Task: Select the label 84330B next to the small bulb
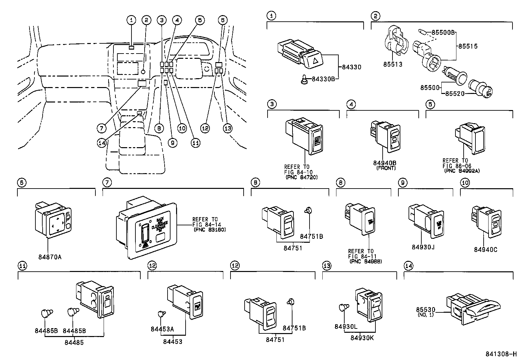pyautogui.click(x=323, y=79)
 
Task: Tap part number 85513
pyautogui.click(x=392, y=64)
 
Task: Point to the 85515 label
pyautogui.click(x=468, y=46)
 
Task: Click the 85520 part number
pyautogui.click(x=455, y=94)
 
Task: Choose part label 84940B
pyautogui.click(x=385, y=163)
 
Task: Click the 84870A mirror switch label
pyautogui.click(x=50, y=257)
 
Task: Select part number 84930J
pyautogui.click(x=423, y=246)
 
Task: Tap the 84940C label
pyautogui.click(x=485, y=250)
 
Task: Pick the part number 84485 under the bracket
pyautogui.click(x=74, y=342)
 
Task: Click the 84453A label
pyautogui.click(x=162, y=329)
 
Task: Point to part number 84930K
pyautogui.click(x=362, y=337)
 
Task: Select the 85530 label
pyautogui.click(x=426, y=310)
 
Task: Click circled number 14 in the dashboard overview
pyautogui.click(x=102, y=142)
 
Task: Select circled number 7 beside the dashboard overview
pyautogui.click(x=102, y=128)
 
